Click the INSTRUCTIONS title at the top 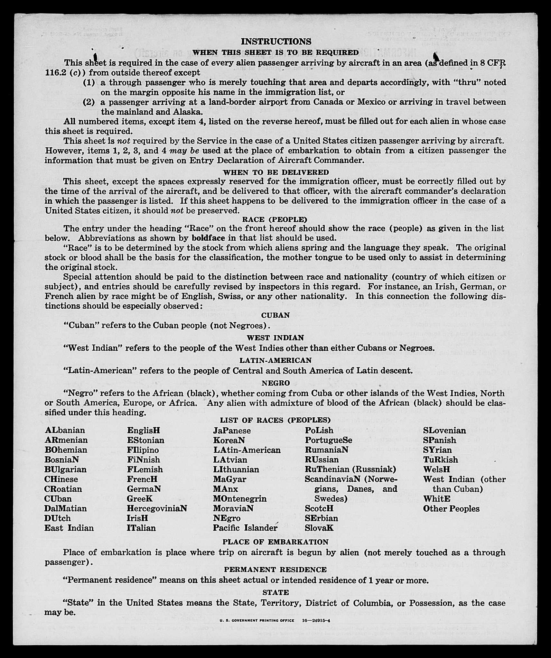tap(276, 42)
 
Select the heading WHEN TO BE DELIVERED tap(276, 172)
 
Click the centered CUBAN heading tap(275, 315)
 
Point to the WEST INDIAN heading tap(275, 338)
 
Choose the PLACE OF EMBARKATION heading tap(275, 542)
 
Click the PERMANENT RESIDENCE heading tap(275, 570)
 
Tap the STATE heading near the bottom tap(275, 592)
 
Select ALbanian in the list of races tap(65, 431)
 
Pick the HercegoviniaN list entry tap(157, 508)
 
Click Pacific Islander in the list tap(245, 528)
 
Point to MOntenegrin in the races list tap(240, 499)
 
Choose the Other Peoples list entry tap(451, 509)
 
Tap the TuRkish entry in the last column tap(440, 460)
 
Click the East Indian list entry tap(69, 528)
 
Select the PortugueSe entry tap(329, 440)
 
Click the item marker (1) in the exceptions tap(89, 83)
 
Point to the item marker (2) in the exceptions tap(89, 102)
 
